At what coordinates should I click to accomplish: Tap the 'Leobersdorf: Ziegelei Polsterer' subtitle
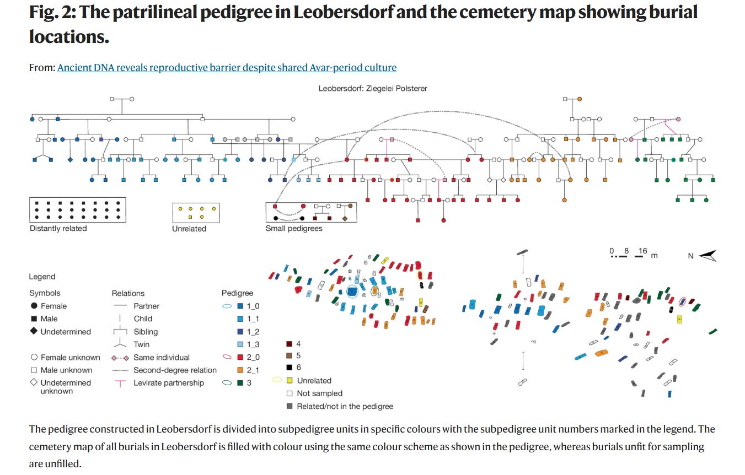(372, 88)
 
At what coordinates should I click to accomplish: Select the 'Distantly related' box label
(58, 228)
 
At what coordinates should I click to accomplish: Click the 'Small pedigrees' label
(294, 228)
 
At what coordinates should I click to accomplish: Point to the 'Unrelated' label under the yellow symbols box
(189, 228)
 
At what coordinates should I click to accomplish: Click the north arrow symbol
(708, 256)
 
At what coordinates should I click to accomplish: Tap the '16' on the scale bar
(642, 251)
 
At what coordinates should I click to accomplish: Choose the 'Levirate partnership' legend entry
(169, 383)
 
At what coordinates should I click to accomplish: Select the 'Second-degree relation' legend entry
(175, 370)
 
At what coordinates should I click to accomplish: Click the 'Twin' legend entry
(141, 344)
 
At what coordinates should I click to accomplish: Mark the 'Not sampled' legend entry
(319, 393)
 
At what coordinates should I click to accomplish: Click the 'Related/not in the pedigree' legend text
(345, 406)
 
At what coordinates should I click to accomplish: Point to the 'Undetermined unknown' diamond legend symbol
(34, 383)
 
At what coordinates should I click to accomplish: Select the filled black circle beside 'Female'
(34, 306)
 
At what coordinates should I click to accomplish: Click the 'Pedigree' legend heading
(237, 293)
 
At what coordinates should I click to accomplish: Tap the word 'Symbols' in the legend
(45, 293)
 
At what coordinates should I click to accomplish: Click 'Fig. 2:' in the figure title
(52, 12)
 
